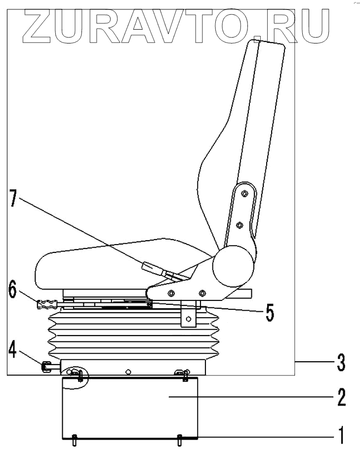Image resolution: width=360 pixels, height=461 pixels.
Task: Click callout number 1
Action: point(340,435)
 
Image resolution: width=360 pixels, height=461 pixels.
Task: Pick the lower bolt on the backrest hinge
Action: point(239,225)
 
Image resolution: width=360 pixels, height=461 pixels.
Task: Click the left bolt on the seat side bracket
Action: point(171,293)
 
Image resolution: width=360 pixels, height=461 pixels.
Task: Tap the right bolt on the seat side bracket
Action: point(201,293)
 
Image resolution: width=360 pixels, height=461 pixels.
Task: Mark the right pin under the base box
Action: point(180,439)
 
